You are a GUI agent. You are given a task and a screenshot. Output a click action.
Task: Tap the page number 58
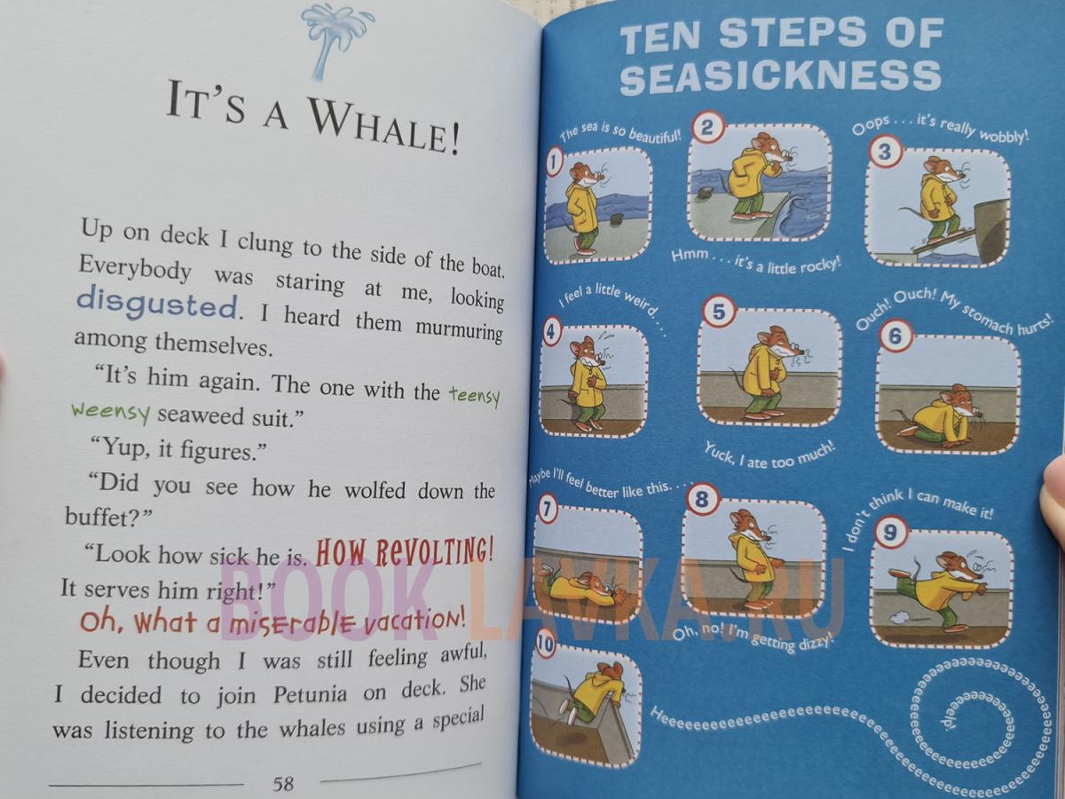(x=283, y=783)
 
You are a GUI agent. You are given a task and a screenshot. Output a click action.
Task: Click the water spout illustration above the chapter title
(x=335, y=40)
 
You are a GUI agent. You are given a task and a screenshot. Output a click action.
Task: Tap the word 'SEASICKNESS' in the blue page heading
(x=780, y=76)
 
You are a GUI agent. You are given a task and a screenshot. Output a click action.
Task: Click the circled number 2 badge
(x=707, y=128)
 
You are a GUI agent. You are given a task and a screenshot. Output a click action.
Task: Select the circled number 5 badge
(x=719, y=312)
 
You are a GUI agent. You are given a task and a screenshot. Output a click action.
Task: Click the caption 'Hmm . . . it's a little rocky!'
(x=756, y=262)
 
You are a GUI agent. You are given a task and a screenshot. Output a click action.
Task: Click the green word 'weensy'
(x=111, y=413)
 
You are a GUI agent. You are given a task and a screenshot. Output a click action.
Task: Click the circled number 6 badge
(x=895, y=336)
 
